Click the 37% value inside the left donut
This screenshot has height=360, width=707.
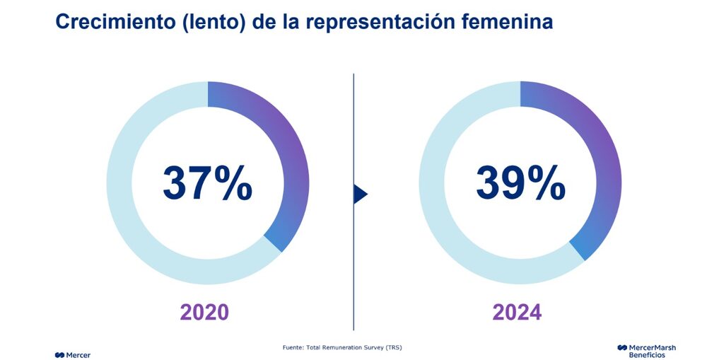tap(207, 183)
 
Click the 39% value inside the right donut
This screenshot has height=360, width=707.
tap(520, 183)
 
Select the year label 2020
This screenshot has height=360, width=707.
tap(204, 312)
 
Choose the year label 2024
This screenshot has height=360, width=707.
tap(518, 312)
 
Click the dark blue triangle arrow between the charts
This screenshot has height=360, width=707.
tap(360, 194)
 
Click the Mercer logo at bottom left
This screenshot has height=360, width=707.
tap(72, 354)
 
